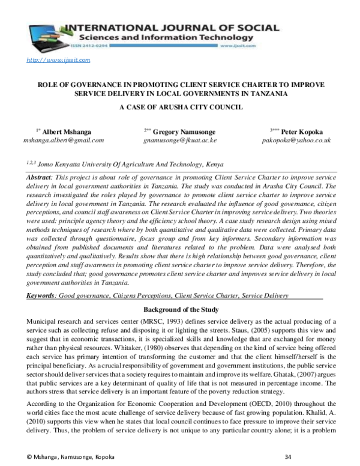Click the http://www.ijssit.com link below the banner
[58, 60]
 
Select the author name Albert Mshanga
[67, 130]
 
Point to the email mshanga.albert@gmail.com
[63, 139]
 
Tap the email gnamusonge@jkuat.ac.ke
[180, 139]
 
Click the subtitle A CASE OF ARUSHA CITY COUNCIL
[180, 107]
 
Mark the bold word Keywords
[41, 295]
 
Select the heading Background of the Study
[180, 309]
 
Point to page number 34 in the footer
[288, 458]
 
